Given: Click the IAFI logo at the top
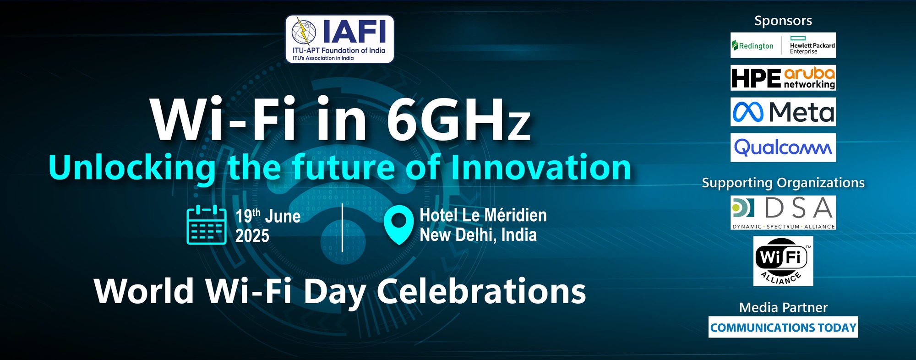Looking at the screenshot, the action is (339, 39).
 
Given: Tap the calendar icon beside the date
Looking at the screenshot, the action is (207, 225).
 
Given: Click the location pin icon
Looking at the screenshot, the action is (399, 225).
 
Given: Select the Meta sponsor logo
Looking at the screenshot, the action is (783, 112).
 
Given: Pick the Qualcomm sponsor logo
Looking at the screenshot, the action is (783, 147).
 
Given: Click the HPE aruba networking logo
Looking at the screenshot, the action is (783, 77).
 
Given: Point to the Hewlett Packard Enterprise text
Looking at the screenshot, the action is (812, 48).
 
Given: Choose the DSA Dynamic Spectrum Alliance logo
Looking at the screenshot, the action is (783, 213).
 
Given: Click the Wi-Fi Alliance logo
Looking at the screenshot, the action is (783, 261).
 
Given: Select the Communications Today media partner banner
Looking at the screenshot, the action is (783, 327).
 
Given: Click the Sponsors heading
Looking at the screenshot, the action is (783, 21).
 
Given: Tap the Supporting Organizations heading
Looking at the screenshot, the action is (783, 183).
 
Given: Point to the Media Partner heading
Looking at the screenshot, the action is (783, 307).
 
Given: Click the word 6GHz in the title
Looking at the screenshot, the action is (458, 120).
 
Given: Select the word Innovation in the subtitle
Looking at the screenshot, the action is (541, 167).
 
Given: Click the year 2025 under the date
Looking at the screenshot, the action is (252, 236).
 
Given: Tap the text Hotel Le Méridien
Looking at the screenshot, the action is (483, 215).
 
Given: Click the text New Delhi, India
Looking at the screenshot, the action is (478, 235).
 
